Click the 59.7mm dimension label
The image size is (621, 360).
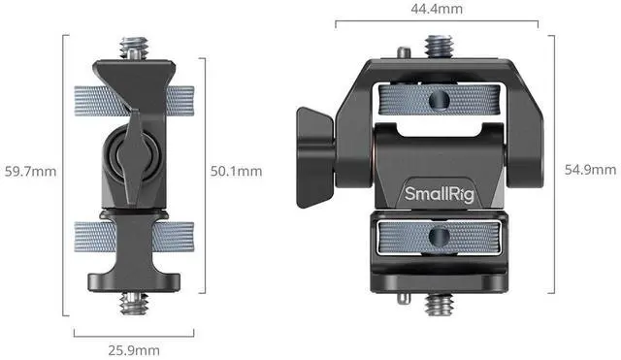[x=30, y=172]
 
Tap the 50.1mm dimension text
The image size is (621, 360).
[x=236, y=171]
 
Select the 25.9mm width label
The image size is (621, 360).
[x=134, y=350]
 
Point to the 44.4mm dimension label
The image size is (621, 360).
[x=437, y=9]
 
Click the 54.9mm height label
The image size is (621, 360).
[x=591, y=170]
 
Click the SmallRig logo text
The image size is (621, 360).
[x=440, y=194]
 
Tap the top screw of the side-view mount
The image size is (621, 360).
[x=135, y=48]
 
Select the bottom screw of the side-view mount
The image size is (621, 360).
[x=135, y=304]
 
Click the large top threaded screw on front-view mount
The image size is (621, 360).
[x=439, y=47]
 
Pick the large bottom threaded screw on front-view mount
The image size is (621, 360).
[x=439, y=305]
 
